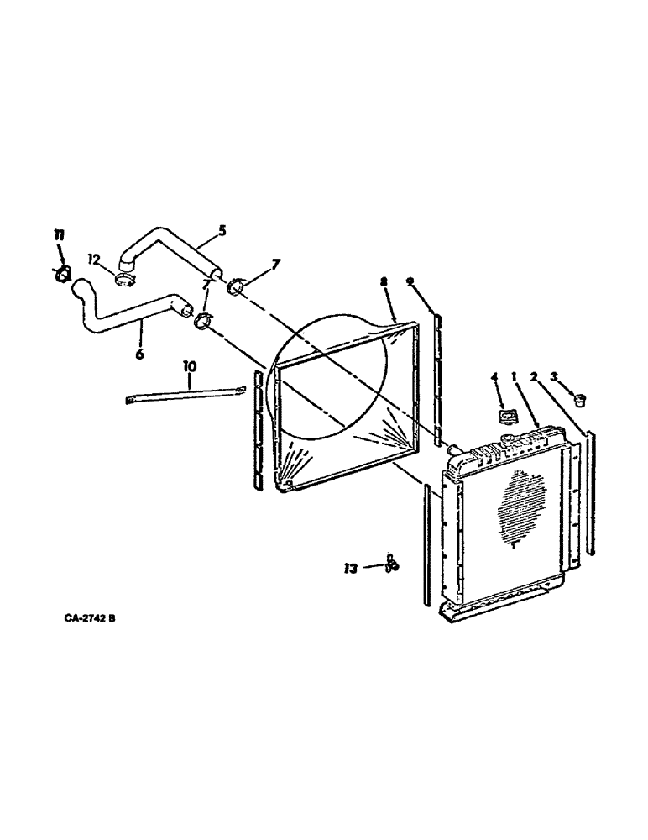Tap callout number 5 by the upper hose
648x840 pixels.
[x=222, y=230]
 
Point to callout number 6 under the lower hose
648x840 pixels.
[x=139, y=354]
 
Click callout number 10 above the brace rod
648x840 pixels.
[x=189, y=366]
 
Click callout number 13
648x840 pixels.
[x=351, y=569]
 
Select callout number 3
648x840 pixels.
[x=577, y=376]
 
